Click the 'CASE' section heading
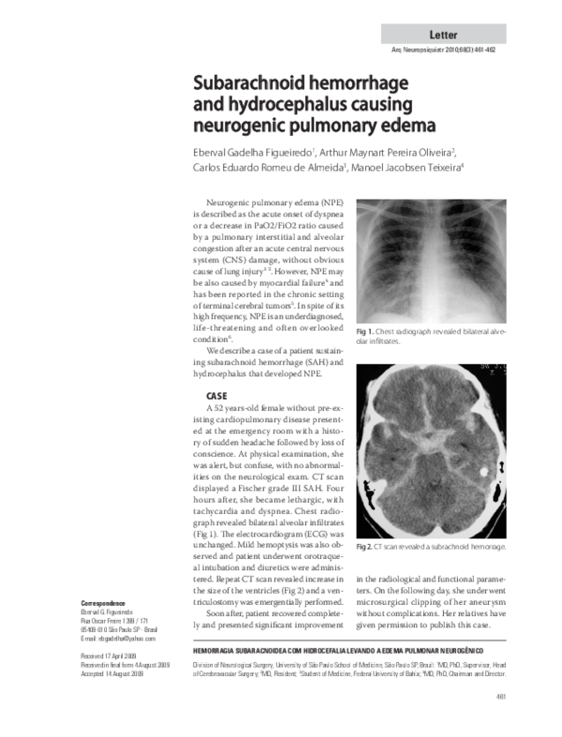pyautogui.click(x=218, y=396)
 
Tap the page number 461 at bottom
pyautogui.click(x=500, y=722)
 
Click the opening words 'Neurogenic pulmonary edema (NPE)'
pyautogui.click(x=266, y=202)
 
